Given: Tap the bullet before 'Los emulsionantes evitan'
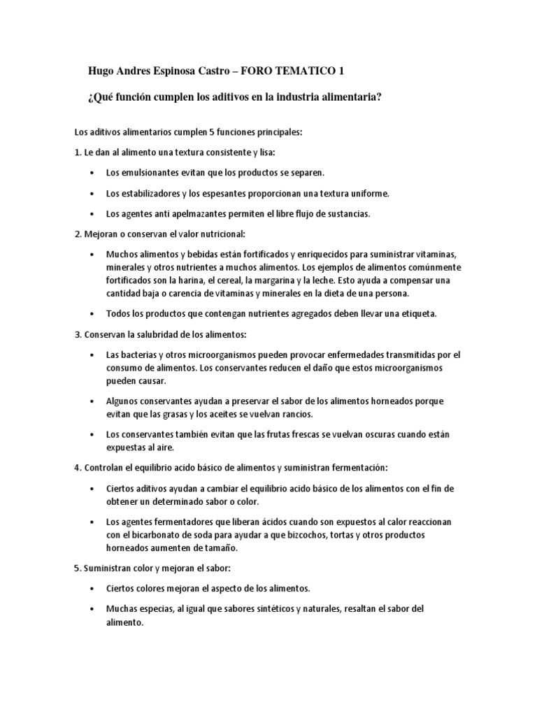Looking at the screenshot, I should click(x=94, y=172).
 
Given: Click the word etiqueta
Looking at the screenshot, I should click(x=417, y=314).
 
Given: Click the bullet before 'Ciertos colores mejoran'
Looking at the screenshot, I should click(x=94, y=589).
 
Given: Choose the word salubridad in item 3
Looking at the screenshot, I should click(x=157, y=335).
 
